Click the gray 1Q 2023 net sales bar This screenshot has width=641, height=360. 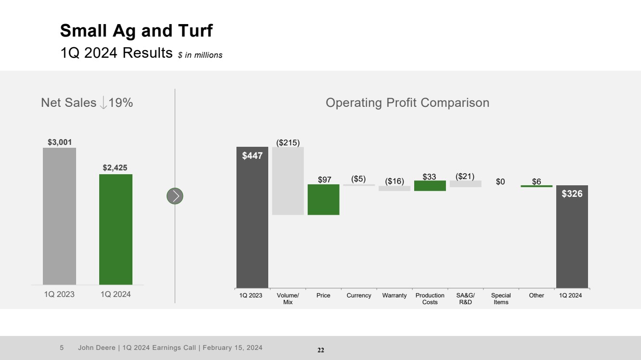tap(59, 216)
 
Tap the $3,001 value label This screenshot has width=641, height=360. tap(60, 142)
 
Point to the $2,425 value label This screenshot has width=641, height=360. tap(116, 167)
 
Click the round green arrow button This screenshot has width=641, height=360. tap(175, 196)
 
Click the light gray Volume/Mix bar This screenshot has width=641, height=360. tap(288, 180)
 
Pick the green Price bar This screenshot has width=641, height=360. tap(324, 199)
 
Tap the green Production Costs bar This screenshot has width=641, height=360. tap(430, 186)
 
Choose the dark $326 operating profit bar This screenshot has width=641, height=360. tap(572, 236)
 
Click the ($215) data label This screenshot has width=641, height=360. tap(288, 142)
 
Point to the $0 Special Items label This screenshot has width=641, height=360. tap(501, 181)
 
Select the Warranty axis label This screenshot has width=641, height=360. tap(394, 296)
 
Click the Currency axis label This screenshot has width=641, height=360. tap(359, 296)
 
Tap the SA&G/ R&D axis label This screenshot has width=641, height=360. tap(465, 298)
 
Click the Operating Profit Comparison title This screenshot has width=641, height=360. tap(407, 103)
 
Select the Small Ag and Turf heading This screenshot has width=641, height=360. tap(136, 31)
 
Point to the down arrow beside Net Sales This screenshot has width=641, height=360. tap(103, 103)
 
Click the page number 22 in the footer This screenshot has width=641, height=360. tap(321, 350)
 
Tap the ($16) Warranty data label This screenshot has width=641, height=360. tap(394, 181)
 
